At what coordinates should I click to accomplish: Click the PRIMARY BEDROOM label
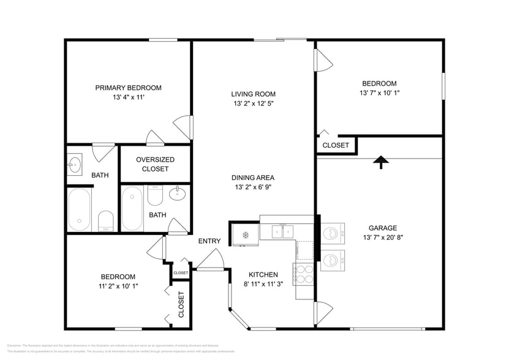point(128,88)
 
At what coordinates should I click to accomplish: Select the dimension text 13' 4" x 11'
point(128,97)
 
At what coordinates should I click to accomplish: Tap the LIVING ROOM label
point(253,94)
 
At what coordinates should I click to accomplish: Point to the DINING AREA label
point(253,178)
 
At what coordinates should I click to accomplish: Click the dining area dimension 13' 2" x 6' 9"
point(253,187)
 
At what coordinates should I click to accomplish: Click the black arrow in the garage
point(381,162)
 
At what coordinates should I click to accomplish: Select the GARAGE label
point(383,227)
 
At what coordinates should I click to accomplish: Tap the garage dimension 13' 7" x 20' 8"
point(383,237)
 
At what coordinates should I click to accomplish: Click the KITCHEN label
point(263,274)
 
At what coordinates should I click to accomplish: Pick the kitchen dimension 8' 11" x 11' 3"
point(263,284)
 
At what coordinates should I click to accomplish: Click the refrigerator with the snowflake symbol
point(244,234)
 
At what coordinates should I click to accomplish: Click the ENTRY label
point(209,241)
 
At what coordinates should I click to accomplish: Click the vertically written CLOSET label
point(181,304)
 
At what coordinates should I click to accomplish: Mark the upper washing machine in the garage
point(331,233)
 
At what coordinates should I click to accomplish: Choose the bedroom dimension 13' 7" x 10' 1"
point(379,93)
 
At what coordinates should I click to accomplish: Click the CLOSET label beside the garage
point(336,146)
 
